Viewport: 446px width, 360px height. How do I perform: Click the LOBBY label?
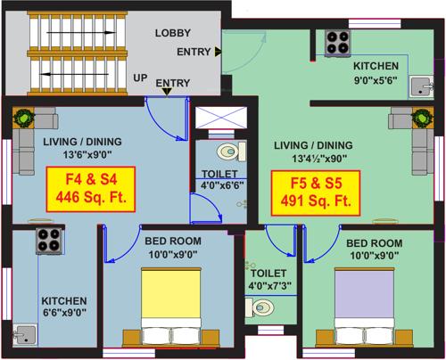tap(172, 33)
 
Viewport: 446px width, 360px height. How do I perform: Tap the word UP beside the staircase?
tap(140, 78)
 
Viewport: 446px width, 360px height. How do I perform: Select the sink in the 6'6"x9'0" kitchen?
tap(27, 334)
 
